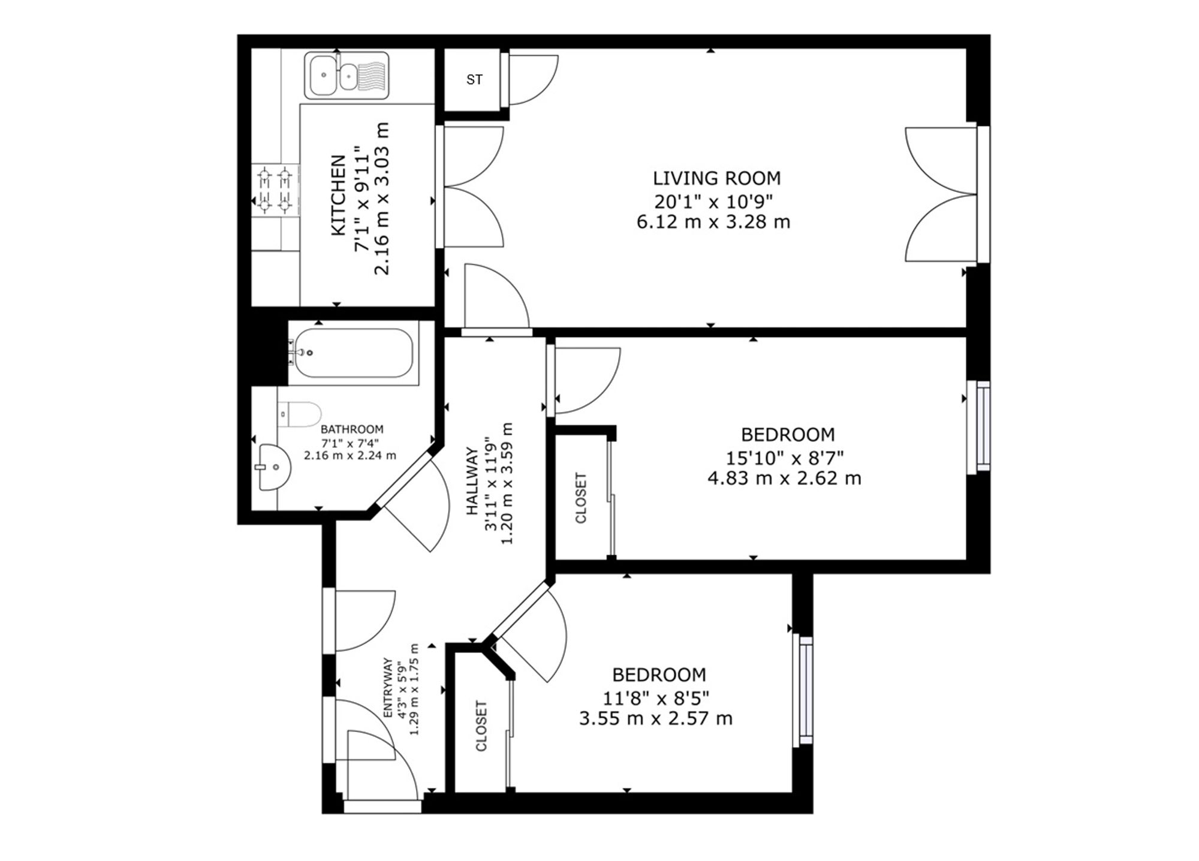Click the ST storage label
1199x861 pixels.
coord(474,80)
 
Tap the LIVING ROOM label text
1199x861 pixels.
coord(716,178)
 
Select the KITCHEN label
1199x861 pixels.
coord(339,195)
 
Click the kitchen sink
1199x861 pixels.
coord(347,75)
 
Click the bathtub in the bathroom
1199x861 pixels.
coord(354,353)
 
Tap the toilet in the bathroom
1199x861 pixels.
coord(299,414)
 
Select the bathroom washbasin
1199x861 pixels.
coord(273,468)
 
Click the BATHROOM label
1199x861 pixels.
coord(352,429)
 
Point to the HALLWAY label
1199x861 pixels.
coord(472,481)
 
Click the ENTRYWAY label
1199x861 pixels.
coord(388,688)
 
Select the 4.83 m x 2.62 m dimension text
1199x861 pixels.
coord(784,478)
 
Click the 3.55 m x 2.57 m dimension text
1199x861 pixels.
coord(656,718)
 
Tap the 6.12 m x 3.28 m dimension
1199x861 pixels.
coord(713,222)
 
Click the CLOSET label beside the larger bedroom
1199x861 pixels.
coord(581,498)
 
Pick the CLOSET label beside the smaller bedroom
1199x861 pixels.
coord(481,726)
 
